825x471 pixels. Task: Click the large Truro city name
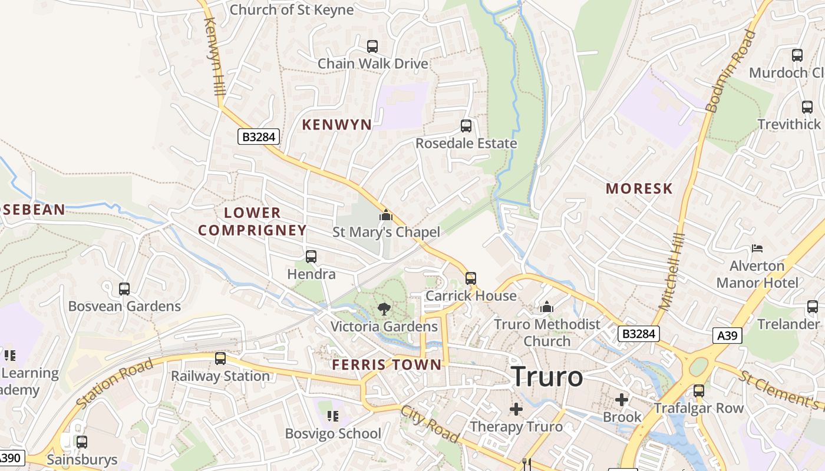coord(547,377)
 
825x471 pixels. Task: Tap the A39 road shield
coord(727,336)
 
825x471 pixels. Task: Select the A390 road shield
coord(10,457)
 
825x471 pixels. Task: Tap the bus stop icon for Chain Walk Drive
coord(372,46)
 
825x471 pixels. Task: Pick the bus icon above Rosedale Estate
coord(466,125)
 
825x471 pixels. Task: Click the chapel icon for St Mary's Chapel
coord(386,215)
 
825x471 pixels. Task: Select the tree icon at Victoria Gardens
coord(384,308)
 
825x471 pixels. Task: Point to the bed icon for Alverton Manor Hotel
coord(757,248)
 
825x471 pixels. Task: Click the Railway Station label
coord(220,376)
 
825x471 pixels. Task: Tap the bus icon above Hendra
coord(311,257)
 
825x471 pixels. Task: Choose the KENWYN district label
coord(337,125)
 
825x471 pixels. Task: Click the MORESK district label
coord(639,189)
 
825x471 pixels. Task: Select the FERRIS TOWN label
coord(387,365)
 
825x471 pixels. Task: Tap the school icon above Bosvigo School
coord(333,416)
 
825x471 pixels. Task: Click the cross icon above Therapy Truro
coord(516,409)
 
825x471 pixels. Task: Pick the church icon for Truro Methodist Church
coord(547,307)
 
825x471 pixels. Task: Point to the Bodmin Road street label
coord(731,72)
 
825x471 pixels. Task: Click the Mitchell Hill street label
coord(672,271)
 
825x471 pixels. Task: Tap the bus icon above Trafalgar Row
coord(699,390)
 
